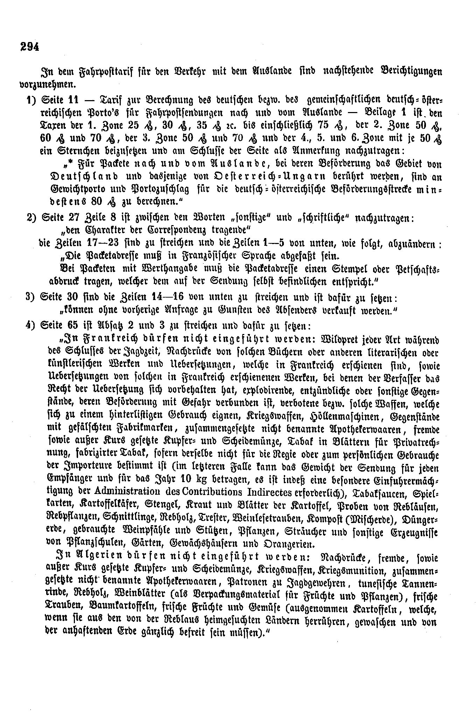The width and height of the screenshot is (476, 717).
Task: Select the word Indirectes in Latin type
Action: pos(269,492)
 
